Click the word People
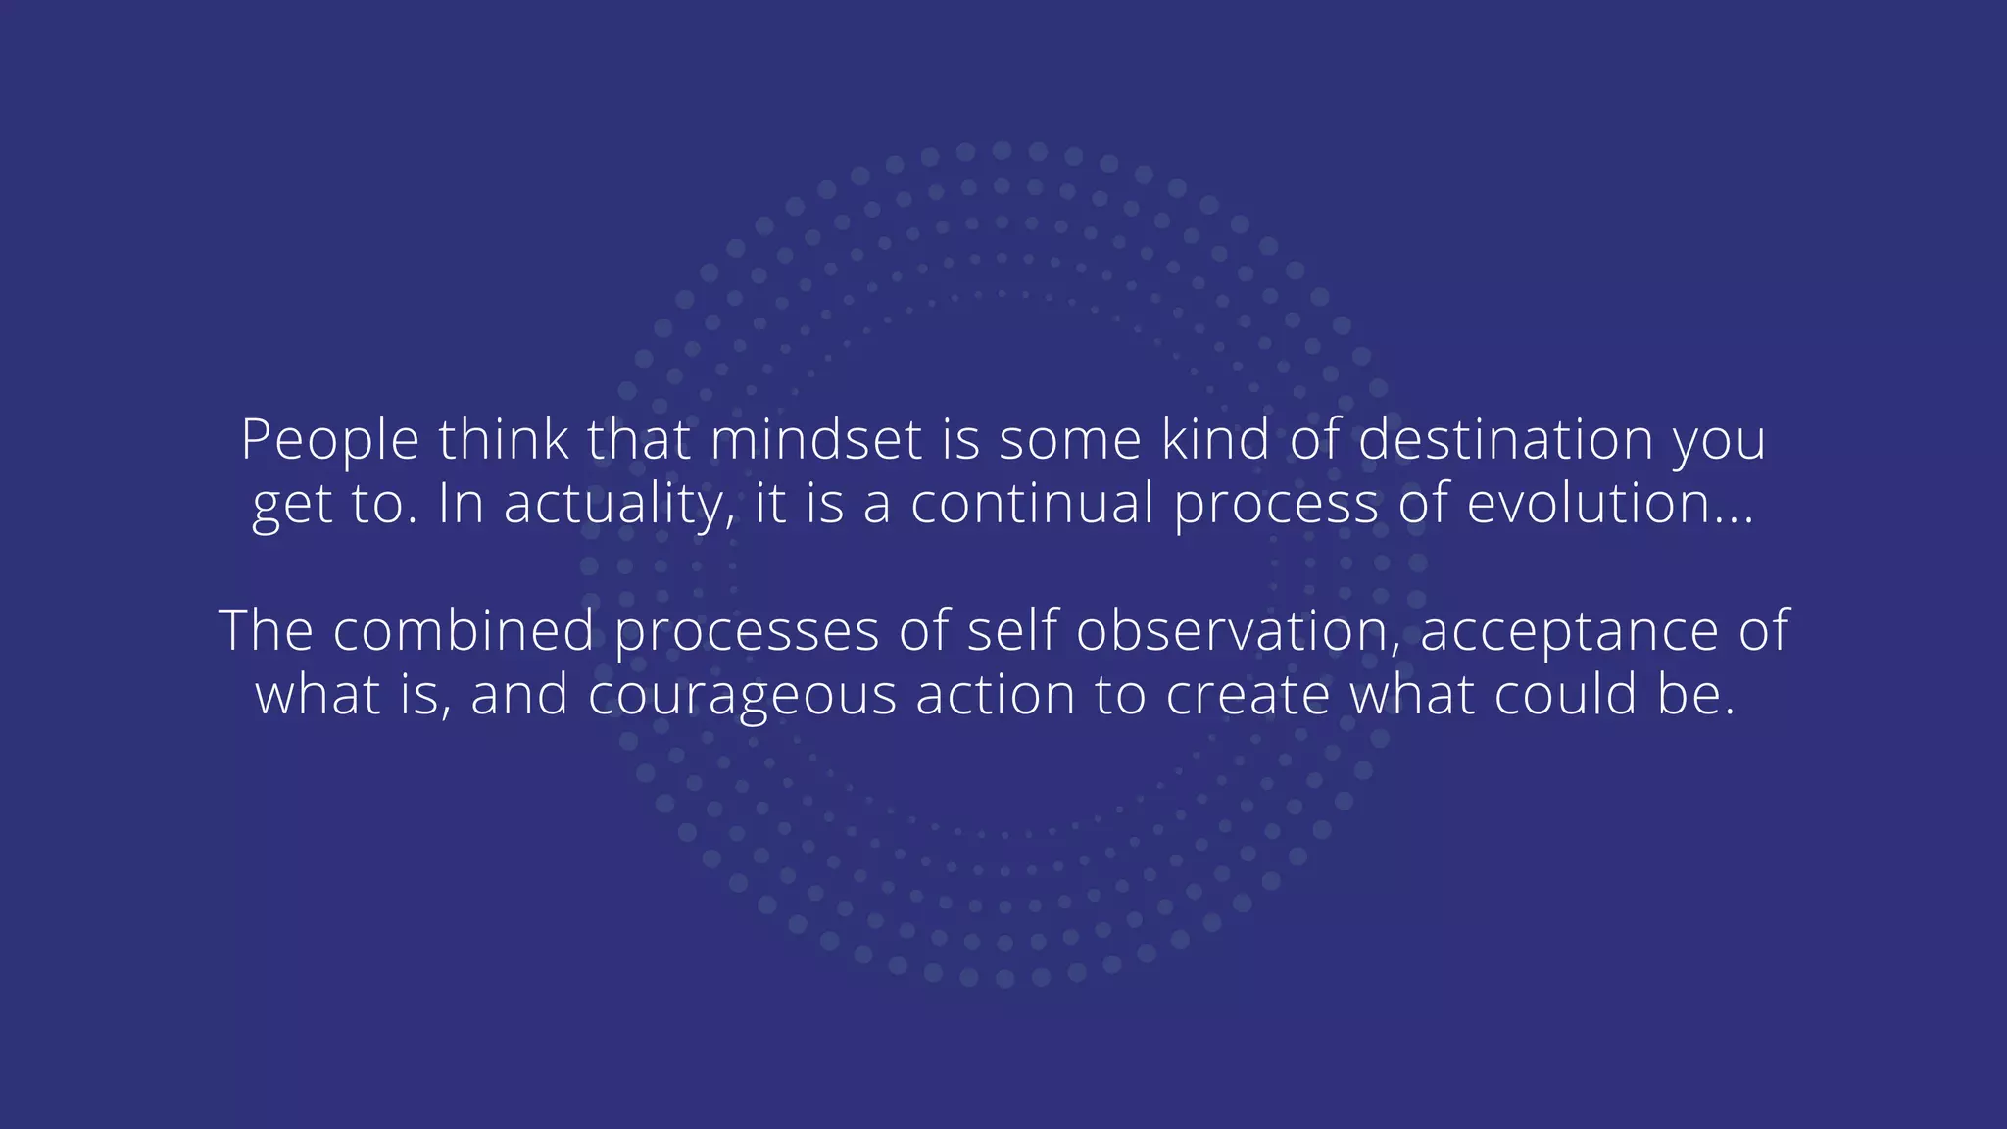pyautogui.click(x=330, y=440)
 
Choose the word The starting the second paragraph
pyautogui.click(x=266, y=629)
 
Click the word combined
pyautogui.click(x=464, y=629)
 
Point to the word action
pyautogui.click(x=996, y=694)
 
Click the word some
pyautogui.click(x=1070, y=440)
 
